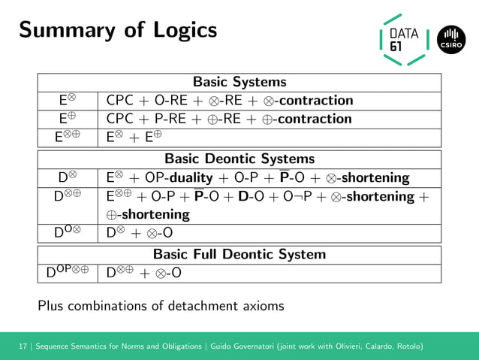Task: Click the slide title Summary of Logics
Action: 118,30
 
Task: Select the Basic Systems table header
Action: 239,82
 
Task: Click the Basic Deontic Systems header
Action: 239,159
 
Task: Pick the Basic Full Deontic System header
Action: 239,254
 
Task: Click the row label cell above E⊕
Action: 68,101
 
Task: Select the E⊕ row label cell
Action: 68,119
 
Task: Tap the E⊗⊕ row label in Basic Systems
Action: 68,138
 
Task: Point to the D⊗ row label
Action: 68,178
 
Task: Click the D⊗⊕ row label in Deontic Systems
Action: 68,197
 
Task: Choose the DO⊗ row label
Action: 68,233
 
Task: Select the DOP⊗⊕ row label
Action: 68,273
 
